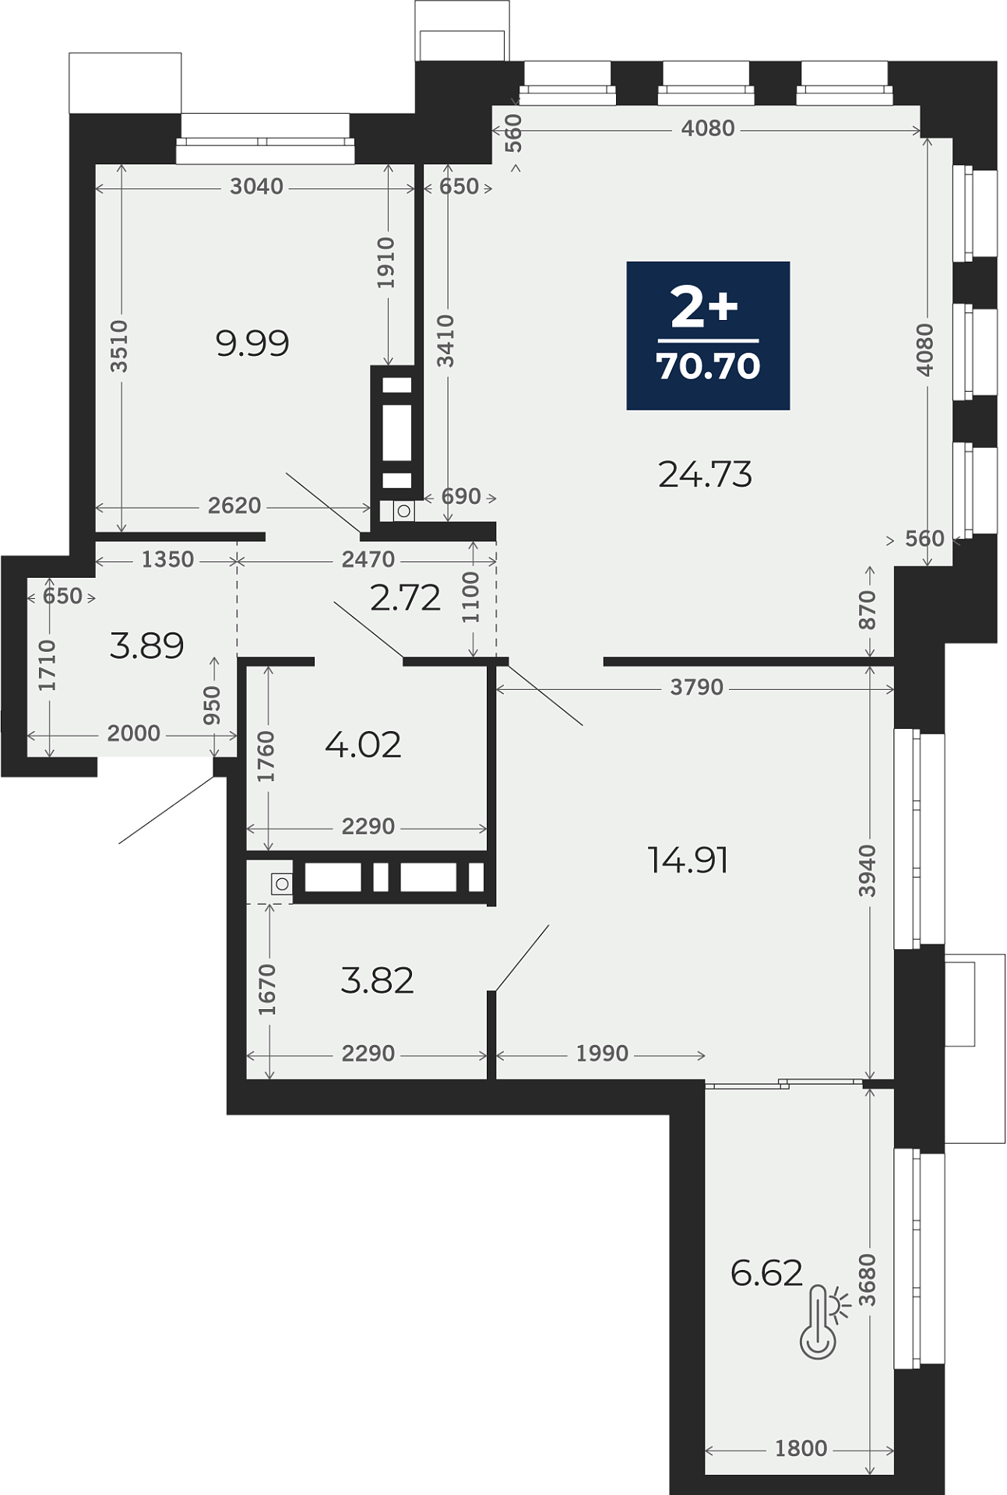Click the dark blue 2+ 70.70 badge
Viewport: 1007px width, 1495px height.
click(x=708, y=336)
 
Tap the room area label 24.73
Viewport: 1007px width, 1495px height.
click(x=705, y=474)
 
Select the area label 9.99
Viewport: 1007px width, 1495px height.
click(x=252, y=343)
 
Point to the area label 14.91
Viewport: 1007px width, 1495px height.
click(x=688, y=860)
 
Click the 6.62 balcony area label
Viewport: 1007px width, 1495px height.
click(x=766, y=1273)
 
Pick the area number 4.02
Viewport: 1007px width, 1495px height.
click(x=363, y=745)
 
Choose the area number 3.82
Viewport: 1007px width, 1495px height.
click(x=377, y=980)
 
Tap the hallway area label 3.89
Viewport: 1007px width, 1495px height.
click(x=147, y=645)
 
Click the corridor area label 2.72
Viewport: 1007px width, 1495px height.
click(x=406, y=598)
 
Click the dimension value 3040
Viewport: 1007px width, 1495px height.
click(x=256, y=187)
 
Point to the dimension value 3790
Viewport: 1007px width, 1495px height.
click(x=697, y=688)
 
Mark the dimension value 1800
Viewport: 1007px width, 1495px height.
click(x=801, y=1448)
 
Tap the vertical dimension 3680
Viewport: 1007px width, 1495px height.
click(x=867, y=1280)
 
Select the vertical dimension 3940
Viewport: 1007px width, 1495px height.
click(x=867, y=871)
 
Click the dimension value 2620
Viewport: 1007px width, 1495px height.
click(x=234, y=505)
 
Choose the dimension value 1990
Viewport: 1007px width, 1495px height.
click(x=602, y=1054)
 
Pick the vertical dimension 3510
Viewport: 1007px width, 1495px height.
click(x=118, y=346)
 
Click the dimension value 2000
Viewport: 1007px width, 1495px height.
click(x=134, y=733)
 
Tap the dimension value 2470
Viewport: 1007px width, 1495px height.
click(x=368, y=559)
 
